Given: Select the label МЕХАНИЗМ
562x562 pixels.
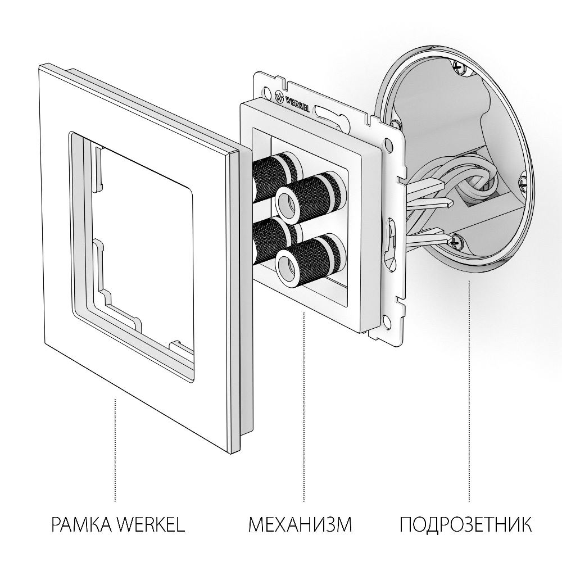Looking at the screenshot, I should (300, 525).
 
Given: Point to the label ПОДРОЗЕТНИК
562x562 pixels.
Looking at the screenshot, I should (466, 525).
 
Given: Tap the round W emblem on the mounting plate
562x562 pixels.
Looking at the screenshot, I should (279, 94).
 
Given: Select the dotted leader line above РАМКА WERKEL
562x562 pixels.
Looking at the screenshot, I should (115, 450).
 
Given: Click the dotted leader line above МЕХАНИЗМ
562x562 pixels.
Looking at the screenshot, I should (304, 405).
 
